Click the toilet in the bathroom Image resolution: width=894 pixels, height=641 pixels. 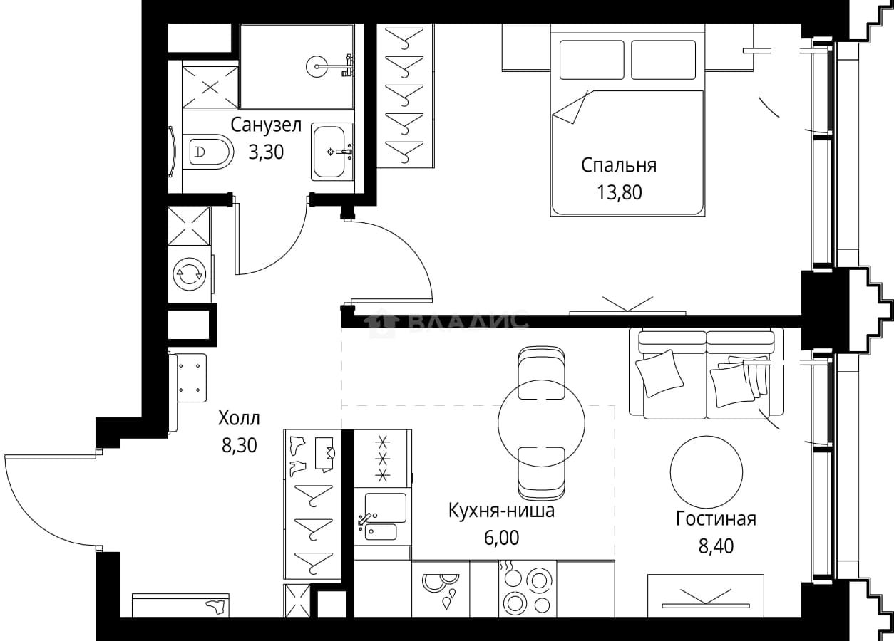tap(208, 152)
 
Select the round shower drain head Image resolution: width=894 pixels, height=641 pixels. tap(318, 66)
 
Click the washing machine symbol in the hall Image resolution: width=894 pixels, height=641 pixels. tap(190, 274)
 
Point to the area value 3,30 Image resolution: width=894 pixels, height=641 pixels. tap(266, 152)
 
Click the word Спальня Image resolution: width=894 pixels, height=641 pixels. tap(619, 165)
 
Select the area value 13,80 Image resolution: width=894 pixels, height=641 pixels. tap(620, 192)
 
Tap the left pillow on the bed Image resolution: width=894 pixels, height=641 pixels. tap(592, 61)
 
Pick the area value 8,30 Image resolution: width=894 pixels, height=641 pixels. tap(239, 445)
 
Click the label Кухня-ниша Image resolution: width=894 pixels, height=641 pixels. tap(501, 511)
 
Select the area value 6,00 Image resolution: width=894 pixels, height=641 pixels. tap(502, 538)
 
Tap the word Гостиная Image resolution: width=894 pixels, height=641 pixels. tap(716, 519)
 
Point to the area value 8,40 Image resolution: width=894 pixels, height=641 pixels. tap(716, 546)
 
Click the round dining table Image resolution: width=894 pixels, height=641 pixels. tap(541, 423)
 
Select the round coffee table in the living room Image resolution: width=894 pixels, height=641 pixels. tap(707, 472)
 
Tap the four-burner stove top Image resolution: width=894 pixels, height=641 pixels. tap(528, 589)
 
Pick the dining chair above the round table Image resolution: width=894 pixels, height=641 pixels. tap(541, 372)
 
